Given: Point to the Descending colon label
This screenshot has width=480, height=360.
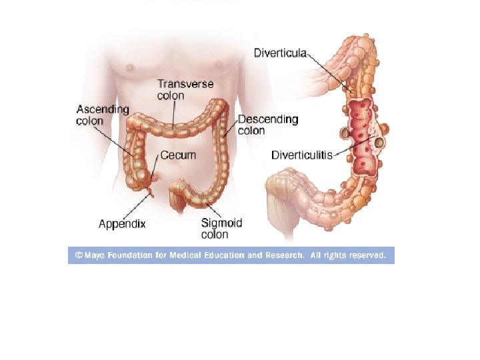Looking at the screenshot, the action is [x=267, y=125].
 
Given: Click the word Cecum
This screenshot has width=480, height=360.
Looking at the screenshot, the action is [x=178, y=155].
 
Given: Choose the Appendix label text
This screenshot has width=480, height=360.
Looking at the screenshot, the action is [x=122, y=225].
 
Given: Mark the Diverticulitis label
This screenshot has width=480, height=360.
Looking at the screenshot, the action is [x=302, y=155].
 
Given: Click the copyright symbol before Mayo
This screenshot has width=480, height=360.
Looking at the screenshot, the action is [x=79, y=255].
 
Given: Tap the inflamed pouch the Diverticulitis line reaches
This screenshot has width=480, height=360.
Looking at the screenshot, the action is [x=379, y=142].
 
